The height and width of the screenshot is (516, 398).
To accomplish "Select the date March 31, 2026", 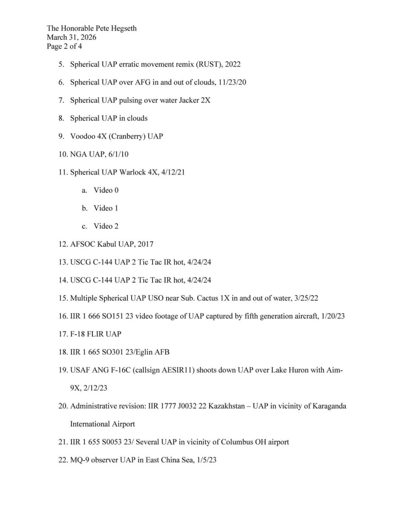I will pos(72,37).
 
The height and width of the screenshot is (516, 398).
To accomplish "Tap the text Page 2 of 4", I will pos(64,46).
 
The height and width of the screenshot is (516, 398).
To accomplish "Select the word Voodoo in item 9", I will pos(83,136).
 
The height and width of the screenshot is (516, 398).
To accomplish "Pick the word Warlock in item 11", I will pos(132,172).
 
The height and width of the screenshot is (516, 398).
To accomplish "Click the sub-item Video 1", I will pos(106,208).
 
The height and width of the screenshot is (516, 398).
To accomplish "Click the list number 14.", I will pos(63,280).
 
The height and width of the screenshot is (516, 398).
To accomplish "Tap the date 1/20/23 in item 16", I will pos(333,316).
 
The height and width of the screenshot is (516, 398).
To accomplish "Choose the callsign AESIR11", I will pos(178,370).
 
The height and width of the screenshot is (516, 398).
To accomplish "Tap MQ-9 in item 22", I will pos(80,460).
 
